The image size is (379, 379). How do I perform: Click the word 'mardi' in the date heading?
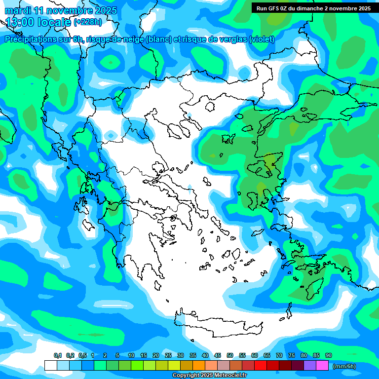[x=18, y=10]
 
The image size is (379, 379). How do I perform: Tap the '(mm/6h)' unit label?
[x=344, y=366]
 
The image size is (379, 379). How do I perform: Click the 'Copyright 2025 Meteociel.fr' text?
[x=209, y=376]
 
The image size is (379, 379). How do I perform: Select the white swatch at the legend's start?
[x=50, y=366]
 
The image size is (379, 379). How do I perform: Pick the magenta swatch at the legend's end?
[x=322, y=366]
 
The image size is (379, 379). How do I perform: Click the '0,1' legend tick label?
[x=58, y=356]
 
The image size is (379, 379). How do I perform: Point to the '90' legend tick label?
[x=329, y=356]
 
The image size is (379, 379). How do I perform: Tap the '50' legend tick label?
[x=230, y=356]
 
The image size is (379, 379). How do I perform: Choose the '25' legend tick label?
[x=168, y=356]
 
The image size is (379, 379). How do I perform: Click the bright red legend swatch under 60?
[x=261, y=366]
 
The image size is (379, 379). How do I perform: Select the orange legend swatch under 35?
[x=199, y=366]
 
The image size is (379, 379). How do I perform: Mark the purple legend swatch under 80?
[x=310, y=366]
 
